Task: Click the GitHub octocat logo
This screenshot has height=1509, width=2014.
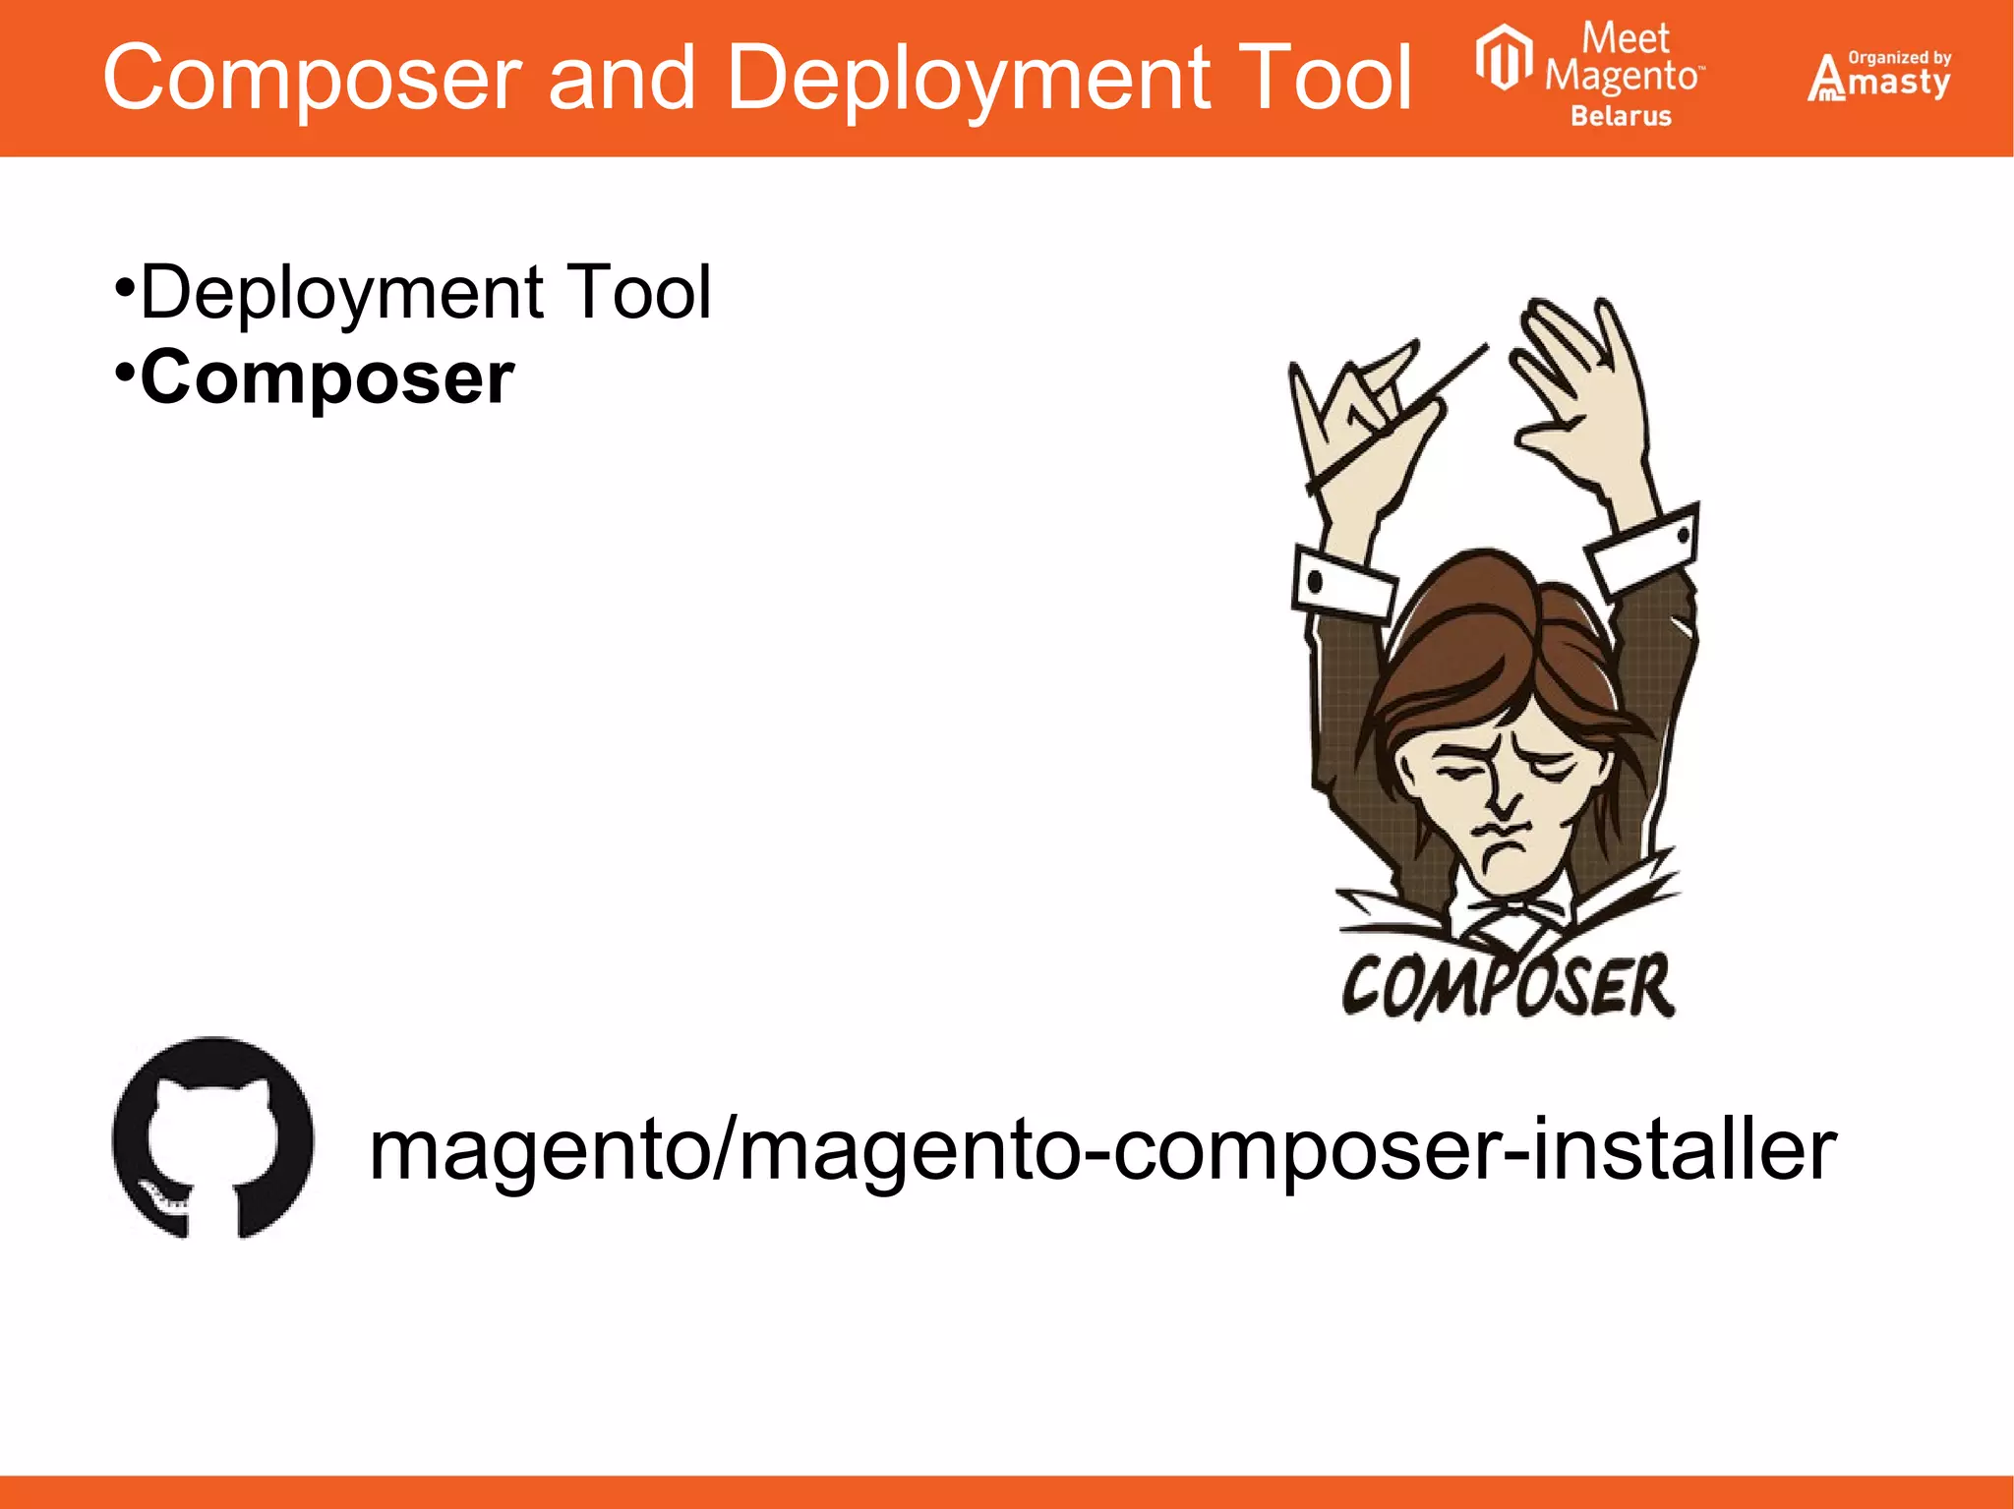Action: pyautogui.click(x=213, y=1137)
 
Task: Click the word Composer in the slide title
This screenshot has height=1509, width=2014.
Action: pyautogui.click(x=313, y=79)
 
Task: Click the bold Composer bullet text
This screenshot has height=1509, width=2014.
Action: pyautogui.click(x=326, y=377)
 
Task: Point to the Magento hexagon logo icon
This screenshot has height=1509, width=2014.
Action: pyautogui.click(x=1504, y=58)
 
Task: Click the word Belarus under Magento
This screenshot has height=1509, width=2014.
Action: pyautogui.click(x=1621, y=116)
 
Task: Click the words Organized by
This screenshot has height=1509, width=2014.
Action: pyautogui.click(x=1899, y=58)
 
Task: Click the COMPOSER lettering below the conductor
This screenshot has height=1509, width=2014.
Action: pyautogui.click(x=1508, y=985)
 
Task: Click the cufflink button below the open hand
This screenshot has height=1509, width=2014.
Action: pyautogui.click(x=1683, y=536)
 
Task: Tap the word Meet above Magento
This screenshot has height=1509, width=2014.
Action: pyautogui.click(x=1625, y=38)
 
